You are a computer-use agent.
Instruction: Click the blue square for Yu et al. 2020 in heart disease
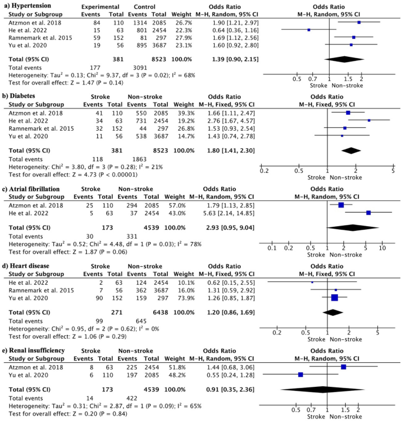point(335,297)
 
